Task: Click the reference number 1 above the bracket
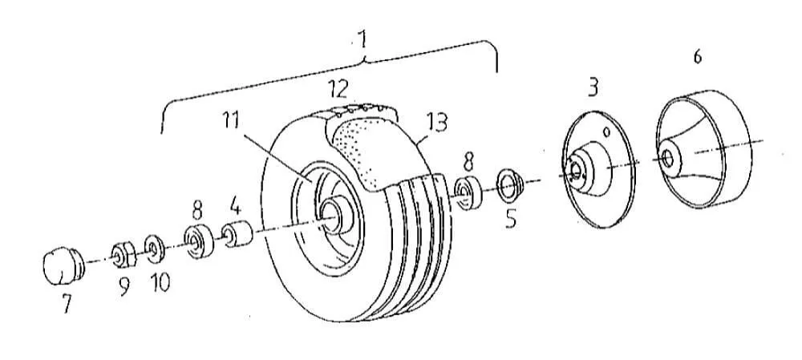click(363, 40)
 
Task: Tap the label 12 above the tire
click(338, 90)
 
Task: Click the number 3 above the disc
click(593, 88)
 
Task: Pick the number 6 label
click(698, 57)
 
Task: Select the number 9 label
click(124, 287)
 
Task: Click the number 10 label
click(160, 282)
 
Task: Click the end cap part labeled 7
click(63, 265)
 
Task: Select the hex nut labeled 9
click(124, 254)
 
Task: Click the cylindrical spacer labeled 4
click(237, 233)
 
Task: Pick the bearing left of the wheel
click(198, 241)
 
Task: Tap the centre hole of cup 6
click(667, 157)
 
